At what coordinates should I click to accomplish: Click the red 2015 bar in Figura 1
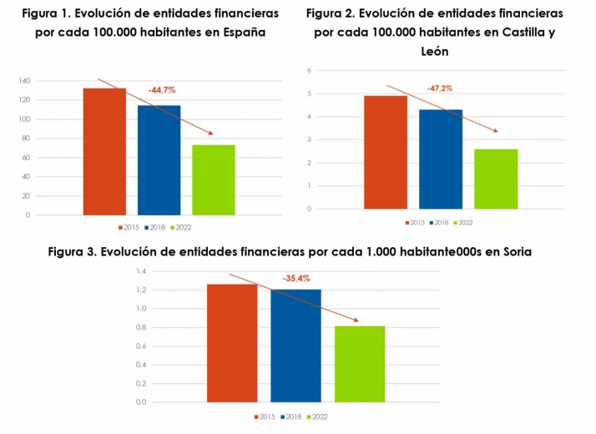coord(104,152)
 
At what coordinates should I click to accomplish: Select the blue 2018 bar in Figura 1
coord(159,160)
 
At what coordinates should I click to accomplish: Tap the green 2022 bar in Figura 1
coord(213,180)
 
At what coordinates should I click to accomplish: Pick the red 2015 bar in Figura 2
coord(386,152)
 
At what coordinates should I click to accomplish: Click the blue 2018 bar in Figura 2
coord(441,159)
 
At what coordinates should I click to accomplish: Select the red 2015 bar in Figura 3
coord(232,343)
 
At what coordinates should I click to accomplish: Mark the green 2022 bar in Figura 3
coord(360,364)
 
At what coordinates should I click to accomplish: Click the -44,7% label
coord(162,89)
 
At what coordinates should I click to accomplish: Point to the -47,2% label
coord(440,88)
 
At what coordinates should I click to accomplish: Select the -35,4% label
coord(295,278)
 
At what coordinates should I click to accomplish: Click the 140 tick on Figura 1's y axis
coord(23,81)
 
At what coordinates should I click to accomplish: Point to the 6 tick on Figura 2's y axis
coord(309,70)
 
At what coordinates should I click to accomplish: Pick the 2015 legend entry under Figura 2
coord(415,223)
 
